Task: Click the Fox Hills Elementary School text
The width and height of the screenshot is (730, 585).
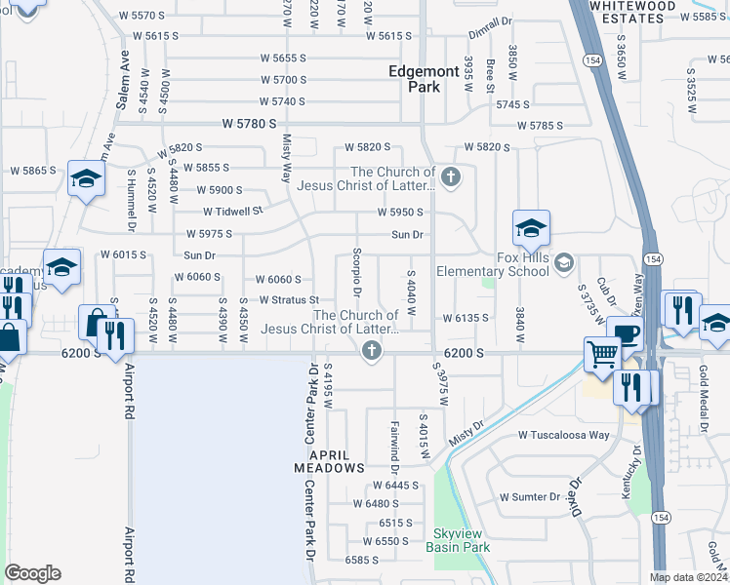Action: [493, 264]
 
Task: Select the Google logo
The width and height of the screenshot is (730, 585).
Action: [32, 573]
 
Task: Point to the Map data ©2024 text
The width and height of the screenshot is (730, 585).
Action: [688, 577]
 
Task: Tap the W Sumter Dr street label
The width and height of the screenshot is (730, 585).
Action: [531, 496]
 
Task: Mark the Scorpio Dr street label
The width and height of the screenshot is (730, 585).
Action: [357, 278]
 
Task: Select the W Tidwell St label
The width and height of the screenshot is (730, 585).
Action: [233, 211]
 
